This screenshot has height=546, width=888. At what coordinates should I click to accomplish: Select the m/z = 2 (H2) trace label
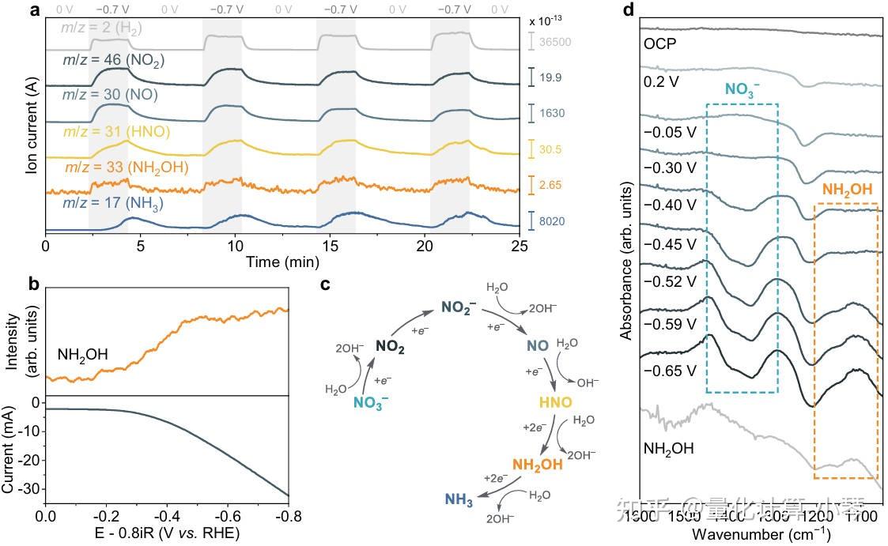click(104, 29)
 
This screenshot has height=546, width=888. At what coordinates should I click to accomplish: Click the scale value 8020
click(548, 222)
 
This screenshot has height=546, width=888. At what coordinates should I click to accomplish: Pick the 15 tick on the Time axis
click(330, 245)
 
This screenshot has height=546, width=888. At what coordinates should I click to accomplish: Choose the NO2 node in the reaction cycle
click(391, 345)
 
